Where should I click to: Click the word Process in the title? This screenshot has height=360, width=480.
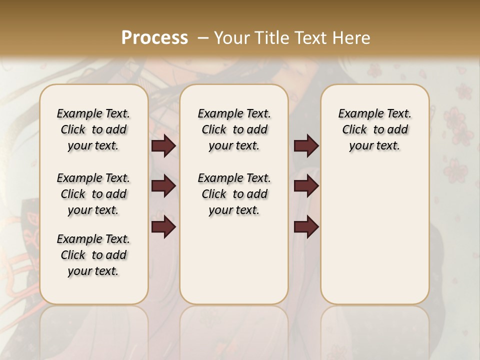[x=154, y=37]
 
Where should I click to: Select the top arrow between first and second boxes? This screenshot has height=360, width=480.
[x=163, y=145]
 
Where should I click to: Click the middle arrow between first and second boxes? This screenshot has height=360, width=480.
[x=163, y=186]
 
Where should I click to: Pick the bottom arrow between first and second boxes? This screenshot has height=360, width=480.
[x=163, y=227]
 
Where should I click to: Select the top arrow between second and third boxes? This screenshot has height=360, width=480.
[x=306, y=145]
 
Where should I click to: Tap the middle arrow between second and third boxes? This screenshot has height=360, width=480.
[x=306, y=186]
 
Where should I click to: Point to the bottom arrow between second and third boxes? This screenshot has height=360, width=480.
[x=306, y=227]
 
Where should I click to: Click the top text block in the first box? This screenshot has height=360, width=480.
[x=93, y=129]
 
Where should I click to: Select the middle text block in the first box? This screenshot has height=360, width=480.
[x=93, y=194]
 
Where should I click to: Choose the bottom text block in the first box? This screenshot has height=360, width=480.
[x=93, y=255]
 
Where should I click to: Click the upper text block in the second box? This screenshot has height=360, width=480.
[x=234, y=129]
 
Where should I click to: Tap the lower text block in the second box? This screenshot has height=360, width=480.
[x=234, y=194]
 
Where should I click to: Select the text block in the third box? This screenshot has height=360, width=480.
[x=374, y=129]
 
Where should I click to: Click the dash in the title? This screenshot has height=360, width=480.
[x=203, y=37]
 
